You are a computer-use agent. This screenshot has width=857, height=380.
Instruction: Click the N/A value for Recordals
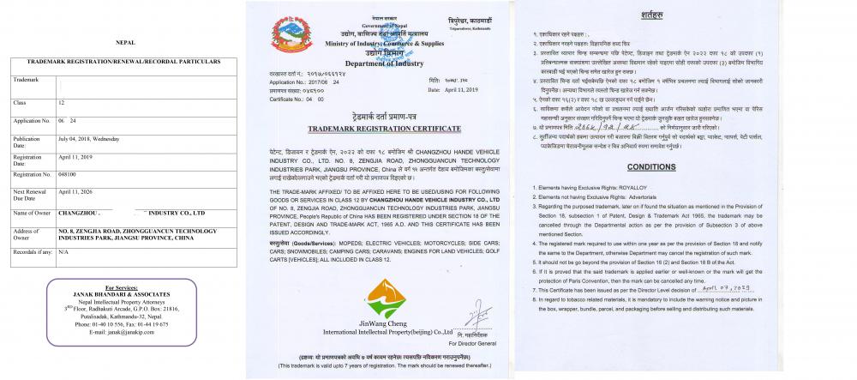63,252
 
